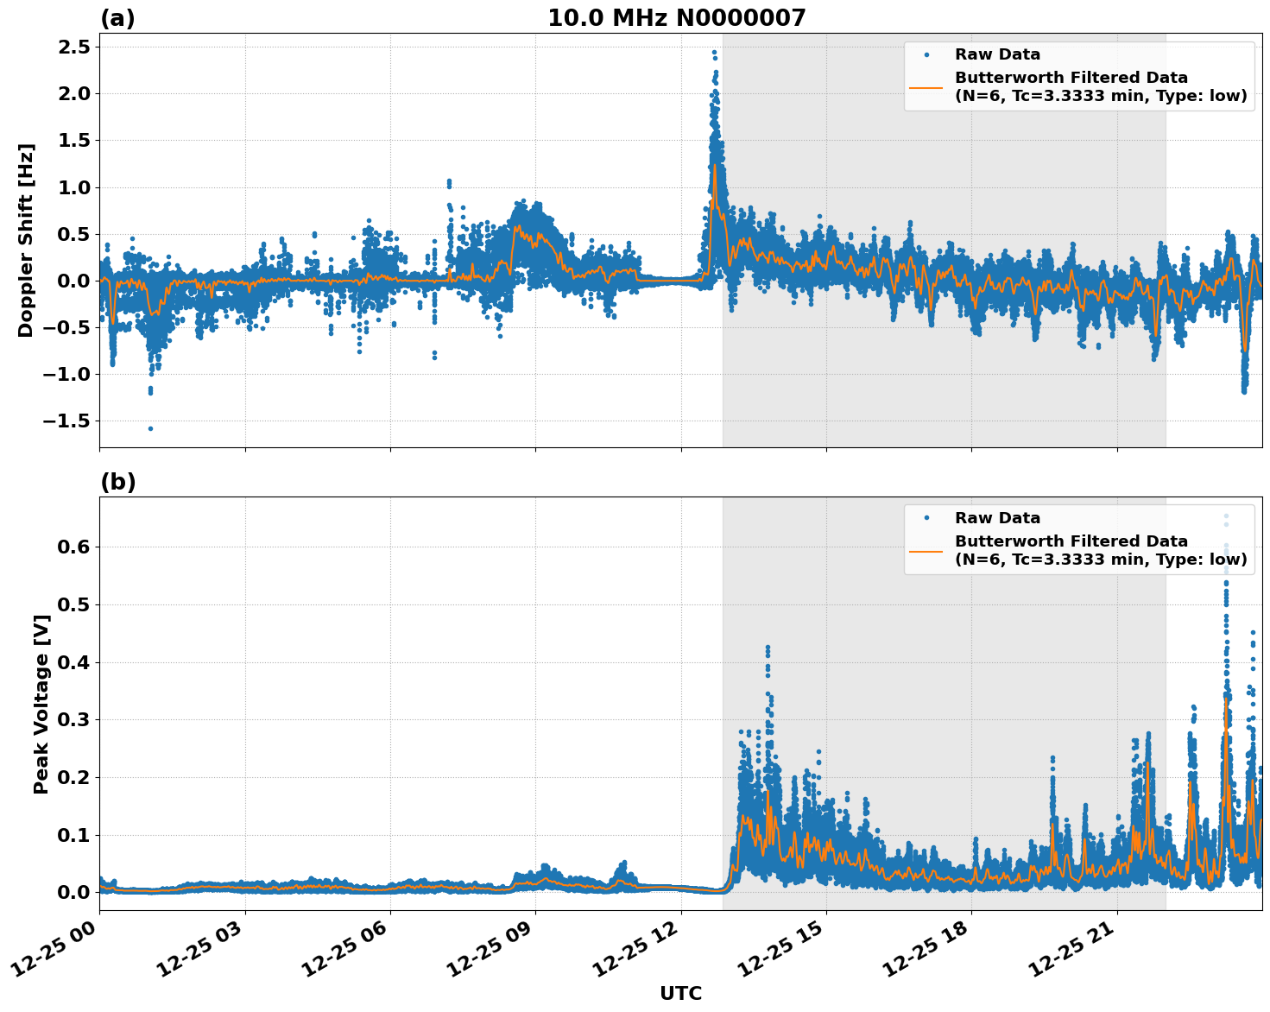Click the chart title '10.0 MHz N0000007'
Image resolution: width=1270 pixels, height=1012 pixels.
676,18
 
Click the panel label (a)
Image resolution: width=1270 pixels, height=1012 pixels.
117,18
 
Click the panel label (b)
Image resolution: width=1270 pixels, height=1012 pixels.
118,482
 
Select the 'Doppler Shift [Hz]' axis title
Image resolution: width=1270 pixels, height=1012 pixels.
26,240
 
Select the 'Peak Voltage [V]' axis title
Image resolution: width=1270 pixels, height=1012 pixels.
41,704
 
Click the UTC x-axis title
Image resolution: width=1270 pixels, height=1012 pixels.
680,993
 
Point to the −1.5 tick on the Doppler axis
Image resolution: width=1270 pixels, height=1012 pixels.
66,421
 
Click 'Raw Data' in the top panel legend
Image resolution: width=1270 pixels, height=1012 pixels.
997,54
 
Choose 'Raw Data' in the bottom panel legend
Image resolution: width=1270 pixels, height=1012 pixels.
997,518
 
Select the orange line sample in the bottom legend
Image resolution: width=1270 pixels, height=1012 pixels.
926,550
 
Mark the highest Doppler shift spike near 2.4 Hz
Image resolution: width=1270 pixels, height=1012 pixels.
714,53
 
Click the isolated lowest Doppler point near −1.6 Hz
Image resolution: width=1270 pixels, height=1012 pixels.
150,428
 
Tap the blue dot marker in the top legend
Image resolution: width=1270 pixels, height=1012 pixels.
926,54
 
